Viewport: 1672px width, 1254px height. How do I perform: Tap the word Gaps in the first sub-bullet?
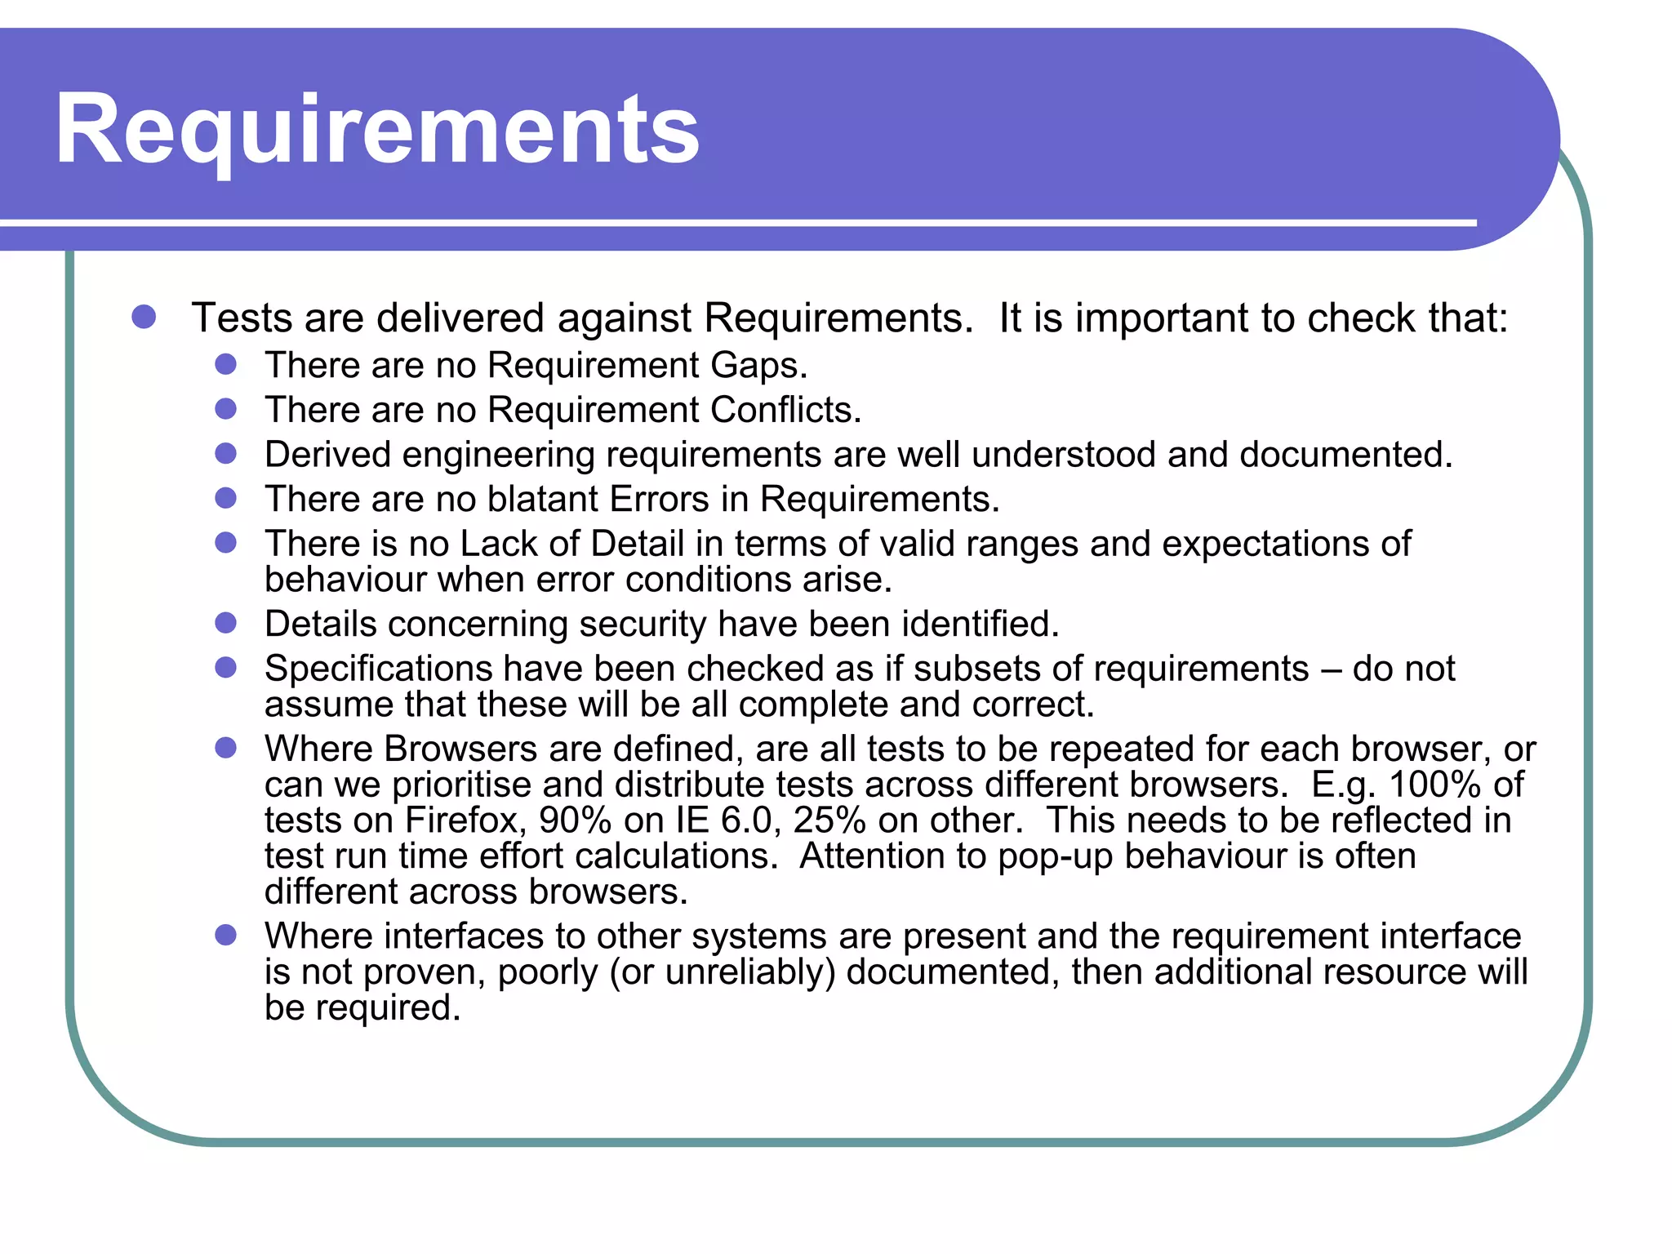click(x=758, y=366)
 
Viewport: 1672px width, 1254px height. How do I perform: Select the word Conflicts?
click(x=785, y=410)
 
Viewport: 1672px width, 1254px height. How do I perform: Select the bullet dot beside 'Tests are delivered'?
click(x=144, y=317)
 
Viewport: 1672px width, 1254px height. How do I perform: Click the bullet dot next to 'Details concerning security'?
click(x=225, y=624)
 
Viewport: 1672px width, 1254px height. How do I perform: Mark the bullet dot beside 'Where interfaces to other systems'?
click(x=225, y=936)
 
